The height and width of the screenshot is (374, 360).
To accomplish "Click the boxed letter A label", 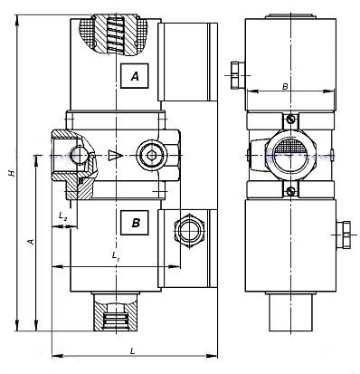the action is point(135,76).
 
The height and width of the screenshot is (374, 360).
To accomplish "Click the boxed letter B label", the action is point(135,223).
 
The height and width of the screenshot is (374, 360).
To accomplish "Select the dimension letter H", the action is point(12,173).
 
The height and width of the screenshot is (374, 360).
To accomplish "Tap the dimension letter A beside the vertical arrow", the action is point(31,241).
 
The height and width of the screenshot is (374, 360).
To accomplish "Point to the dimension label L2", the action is point(62,216).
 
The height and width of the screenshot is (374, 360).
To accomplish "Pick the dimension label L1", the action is point(116,256).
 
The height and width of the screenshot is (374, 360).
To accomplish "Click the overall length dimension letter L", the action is point(132,350).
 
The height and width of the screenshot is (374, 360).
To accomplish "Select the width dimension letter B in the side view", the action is point(285,86).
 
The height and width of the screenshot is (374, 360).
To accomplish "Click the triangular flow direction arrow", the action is point(115,156).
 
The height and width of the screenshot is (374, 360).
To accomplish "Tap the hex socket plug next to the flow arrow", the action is point(150,156).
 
